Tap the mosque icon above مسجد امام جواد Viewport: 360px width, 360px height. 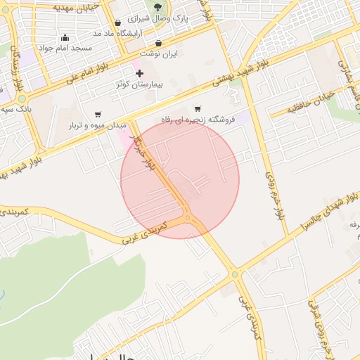point(65,38)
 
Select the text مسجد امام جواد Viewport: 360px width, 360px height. point(65,48)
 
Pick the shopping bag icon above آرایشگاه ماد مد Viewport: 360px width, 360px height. point(117,23)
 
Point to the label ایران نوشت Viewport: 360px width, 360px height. point(159,53)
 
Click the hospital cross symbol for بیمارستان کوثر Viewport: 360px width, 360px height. point(140,73)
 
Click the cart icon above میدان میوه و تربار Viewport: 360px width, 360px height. point(98,114)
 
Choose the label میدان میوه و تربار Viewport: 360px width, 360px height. point(98,124)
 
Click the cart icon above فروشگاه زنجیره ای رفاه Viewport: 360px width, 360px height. point(198,109)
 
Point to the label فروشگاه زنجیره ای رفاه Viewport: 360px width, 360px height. point(198,120)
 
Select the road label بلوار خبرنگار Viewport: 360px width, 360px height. point(144,155)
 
